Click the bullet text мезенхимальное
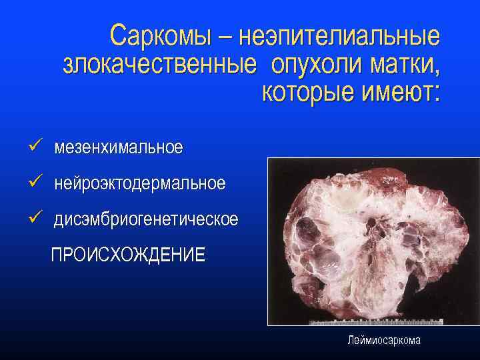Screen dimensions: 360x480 pos(118,147)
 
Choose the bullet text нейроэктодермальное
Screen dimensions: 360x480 pos(139,183)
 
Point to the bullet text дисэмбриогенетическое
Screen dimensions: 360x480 pos(146,219)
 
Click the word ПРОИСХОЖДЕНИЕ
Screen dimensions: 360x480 pos(128,255)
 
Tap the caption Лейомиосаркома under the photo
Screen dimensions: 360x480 pos(383,341)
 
